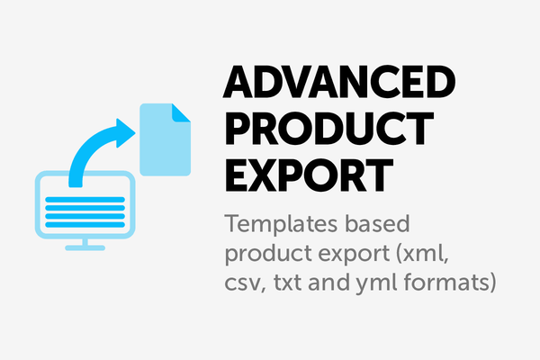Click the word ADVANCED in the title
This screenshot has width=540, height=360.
point(339,82)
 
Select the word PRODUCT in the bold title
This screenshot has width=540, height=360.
point(329,129)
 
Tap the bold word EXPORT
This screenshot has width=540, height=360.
point(309,175)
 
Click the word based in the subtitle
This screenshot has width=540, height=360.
point(377,224)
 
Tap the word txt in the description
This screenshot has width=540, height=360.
point(288,283)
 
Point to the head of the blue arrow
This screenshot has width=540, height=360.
point(125,133)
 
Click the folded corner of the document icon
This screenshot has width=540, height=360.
point(181,112)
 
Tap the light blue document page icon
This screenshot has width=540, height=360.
point(165,139)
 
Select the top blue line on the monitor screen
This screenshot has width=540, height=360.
point(85,200)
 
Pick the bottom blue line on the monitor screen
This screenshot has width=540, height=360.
point(85,225)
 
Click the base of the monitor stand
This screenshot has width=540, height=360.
point(85,247)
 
